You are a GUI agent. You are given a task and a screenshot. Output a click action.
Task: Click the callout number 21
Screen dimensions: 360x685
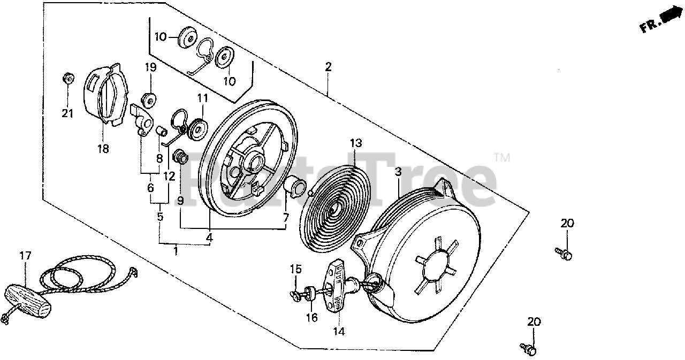click(x=67, y=113)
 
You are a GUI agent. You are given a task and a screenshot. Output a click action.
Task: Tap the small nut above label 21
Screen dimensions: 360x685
click(x=67, y=78)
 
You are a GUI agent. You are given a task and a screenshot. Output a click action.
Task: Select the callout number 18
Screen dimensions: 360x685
click(x=103, y=149)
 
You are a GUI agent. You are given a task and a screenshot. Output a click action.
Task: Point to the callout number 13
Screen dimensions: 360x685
click(x=356, y=143)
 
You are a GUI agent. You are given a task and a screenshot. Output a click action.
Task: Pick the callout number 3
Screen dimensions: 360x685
click(x=398, y=172)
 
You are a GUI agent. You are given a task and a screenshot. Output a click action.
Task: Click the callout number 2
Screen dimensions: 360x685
click(x=328, y=67)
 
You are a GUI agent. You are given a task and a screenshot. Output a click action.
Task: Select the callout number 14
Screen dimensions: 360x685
click(x=338, y=331)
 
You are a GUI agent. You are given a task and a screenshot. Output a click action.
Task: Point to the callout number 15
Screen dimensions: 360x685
click(x=296, y=269)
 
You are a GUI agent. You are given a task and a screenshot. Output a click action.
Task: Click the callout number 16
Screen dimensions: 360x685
click(x=311, y=317)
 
